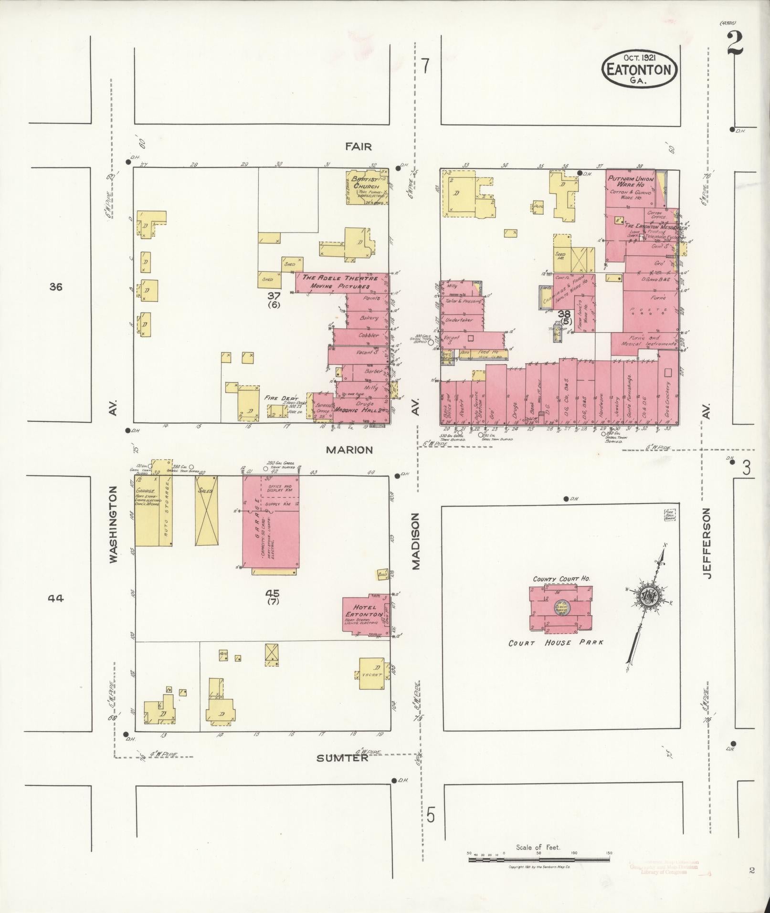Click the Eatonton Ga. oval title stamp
pyautogui.click(x=639, y=70)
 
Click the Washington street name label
pyautogui.click(x=113, y=525)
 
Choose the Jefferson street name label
pyautogui.click(x=706, y=543)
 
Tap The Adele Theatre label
pyautogui.click(x=340, y=278)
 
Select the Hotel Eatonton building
pyautogui.click(x=367, y=615)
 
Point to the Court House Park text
pyautogui.click(x=556, y=643)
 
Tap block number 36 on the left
pyautogui.click(x=55, y=287)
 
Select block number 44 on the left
pyautogui.click(x=56, y=598)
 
